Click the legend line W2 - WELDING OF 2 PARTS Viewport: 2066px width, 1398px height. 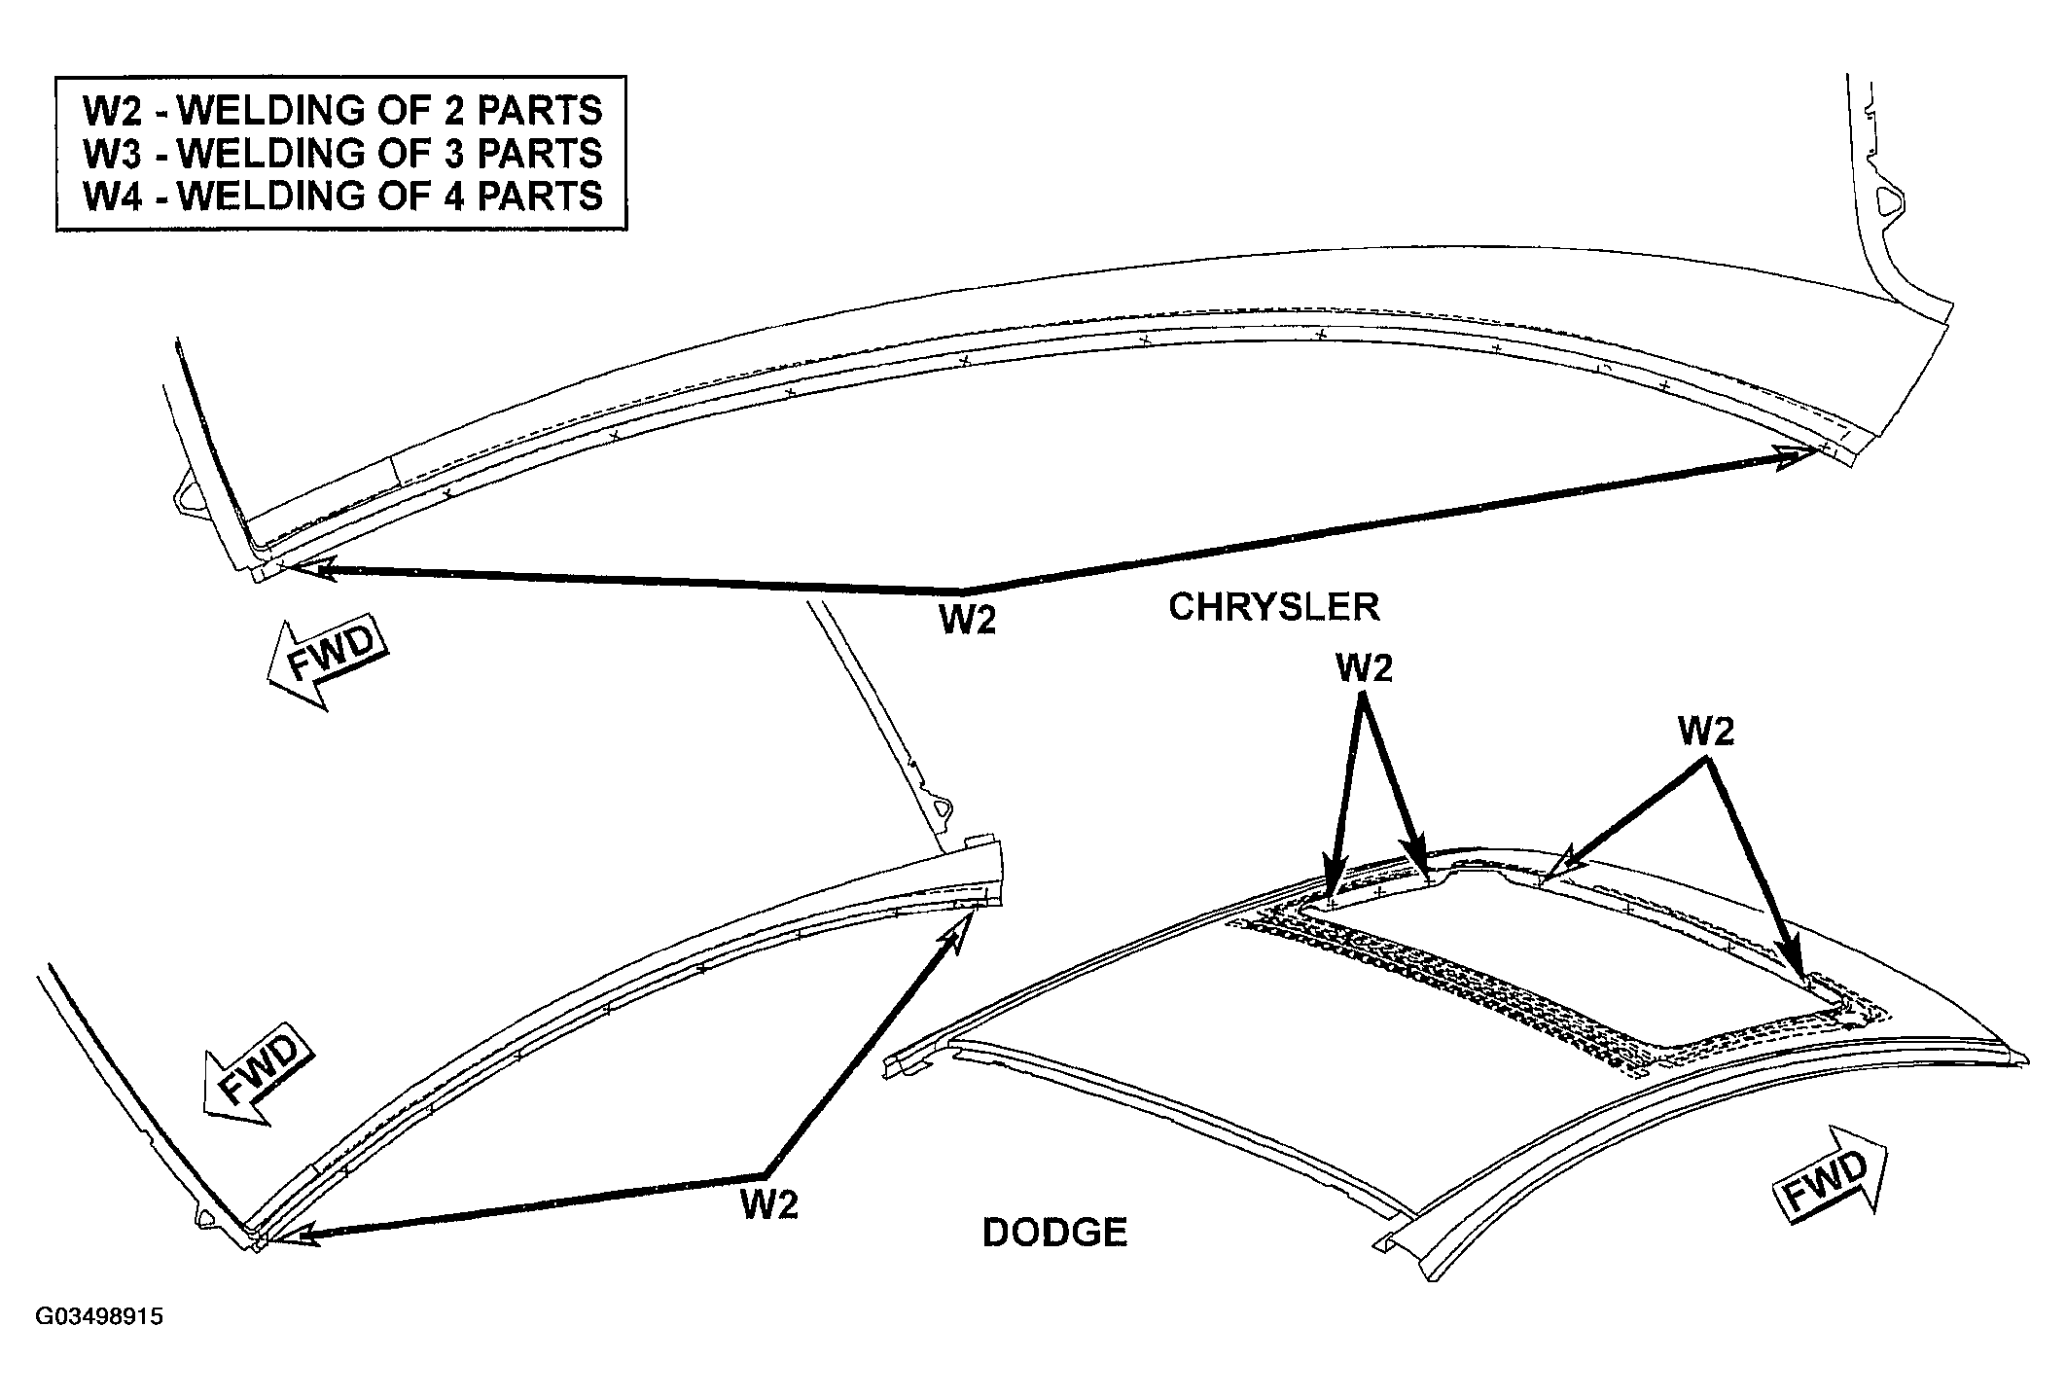click(342, 111)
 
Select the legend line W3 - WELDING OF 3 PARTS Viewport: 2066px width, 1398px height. click(342, 154)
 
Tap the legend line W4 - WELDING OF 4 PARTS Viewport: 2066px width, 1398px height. click(342, 197)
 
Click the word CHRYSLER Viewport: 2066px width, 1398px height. click(1273, 607)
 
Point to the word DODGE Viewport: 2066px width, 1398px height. click(1054, 1233)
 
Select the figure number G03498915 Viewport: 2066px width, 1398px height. click(99, 1317)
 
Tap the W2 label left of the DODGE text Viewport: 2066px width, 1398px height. click(769, 1205)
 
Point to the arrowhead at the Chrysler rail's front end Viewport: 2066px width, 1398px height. click(309, 570)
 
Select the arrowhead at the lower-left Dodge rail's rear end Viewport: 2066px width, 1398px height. click(953, 934)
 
